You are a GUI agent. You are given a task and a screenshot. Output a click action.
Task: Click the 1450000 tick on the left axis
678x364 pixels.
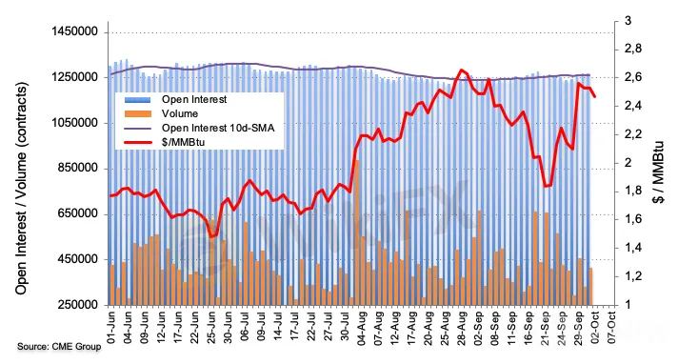[x=75, y=32]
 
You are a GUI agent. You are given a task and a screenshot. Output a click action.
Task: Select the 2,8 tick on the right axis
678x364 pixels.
[x=633, y=49]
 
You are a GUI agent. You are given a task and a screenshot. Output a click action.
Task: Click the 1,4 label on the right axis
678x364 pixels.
[x=633, y=248]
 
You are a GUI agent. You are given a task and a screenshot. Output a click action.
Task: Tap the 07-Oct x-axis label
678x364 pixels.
[x=611, y=328]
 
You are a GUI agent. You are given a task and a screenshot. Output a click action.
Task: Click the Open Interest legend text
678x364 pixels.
[x=194, y=99]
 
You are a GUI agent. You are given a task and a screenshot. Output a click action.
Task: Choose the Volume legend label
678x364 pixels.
[x=180, y=113]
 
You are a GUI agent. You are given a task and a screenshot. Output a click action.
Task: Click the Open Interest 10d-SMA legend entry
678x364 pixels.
[x=218, y=128]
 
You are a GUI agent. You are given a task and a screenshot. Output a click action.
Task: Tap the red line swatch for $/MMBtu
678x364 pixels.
[x=138, y=142]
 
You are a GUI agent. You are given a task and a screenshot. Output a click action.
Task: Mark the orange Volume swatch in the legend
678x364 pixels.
[x=138, y=113]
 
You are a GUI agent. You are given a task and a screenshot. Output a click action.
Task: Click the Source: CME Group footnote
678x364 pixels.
[x=59, y=347]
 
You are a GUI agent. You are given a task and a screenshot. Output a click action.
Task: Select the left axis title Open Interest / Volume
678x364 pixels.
[x=21, y=189]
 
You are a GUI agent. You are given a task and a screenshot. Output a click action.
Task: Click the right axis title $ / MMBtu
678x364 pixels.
[x=658, y=172]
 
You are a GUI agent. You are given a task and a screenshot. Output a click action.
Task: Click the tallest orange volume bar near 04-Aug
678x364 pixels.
[x=357, y=233]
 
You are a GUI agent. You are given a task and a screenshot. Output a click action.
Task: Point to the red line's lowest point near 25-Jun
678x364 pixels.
[x=211, y=236]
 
